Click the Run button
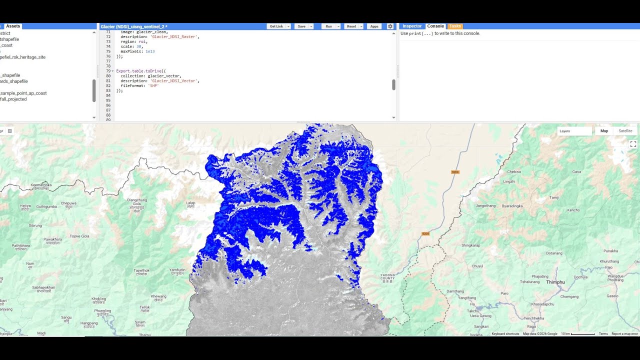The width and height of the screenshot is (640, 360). click(x=328, y=26)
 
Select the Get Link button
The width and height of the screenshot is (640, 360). click(x=276, y=26)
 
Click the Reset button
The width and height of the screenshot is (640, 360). click(x=351, y=26)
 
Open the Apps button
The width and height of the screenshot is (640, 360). click(x=374, y=26)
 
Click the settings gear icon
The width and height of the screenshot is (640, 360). click(x=390, y=26)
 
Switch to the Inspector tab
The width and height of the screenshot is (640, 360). click(x=412, y=26)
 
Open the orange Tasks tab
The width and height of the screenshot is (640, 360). click(x=455, y=26)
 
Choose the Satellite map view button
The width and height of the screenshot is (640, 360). click(x=625, y=131)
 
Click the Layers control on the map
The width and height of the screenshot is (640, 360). click(x=574, y=131)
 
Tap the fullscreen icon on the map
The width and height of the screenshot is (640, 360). click(x=633, y=144)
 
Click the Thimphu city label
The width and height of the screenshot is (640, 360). click(x=555, y=282)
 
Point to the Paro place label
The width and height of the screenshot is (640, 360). click(x=504, y=293)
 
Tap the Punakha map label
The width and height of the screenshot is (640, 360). click(x=611, y=251)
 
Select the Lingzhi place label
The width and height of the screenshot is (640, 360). click(x=509, y=181)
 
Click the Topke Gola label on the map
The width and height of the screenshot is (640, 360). click(x=79, y=236)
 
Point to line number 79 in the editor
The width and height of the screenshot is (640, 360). click(x=108, y=71)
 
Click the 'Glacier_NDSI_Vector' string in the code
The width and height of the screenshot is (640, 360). click(x=174, y=81)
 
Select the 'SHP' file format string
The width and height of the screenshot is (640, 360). click(x=153, y=86)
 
